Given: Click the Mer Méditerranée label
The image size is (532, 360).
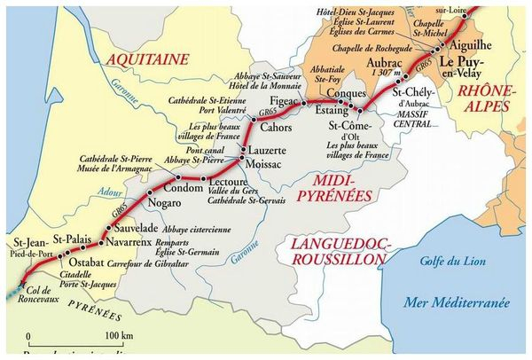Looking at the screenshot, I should tap(456, 302).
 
